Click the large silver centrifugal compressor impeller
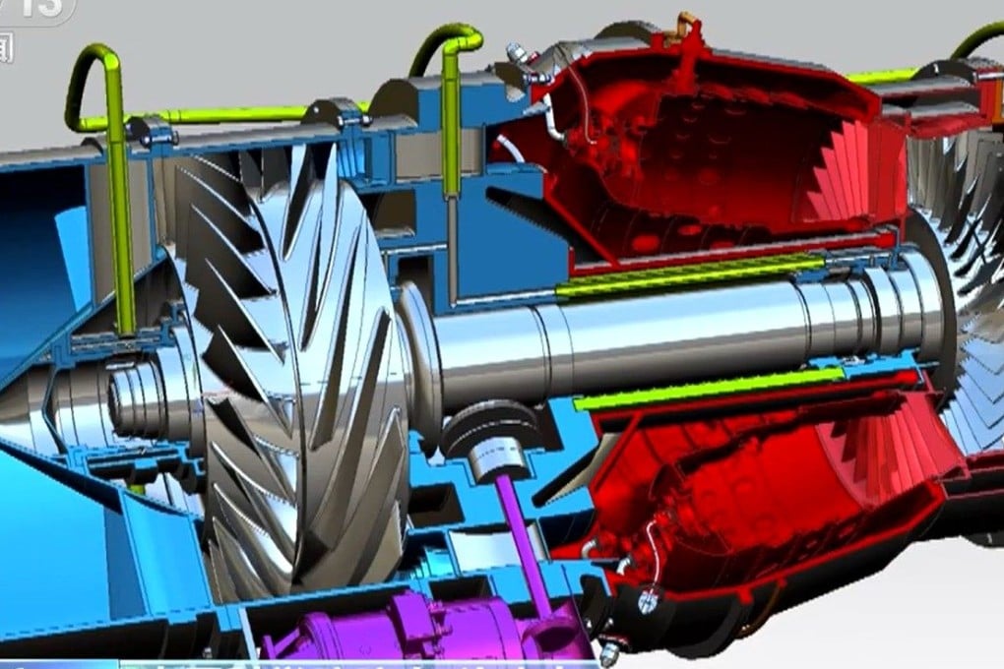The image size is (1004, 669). click(295, 374)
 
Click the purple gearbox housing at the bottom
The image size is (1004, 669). click(413, 630)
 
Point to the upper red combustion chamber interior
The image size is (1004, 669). click(709, 148)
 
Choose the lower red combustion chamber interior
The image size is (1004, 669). click(748, 492)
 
